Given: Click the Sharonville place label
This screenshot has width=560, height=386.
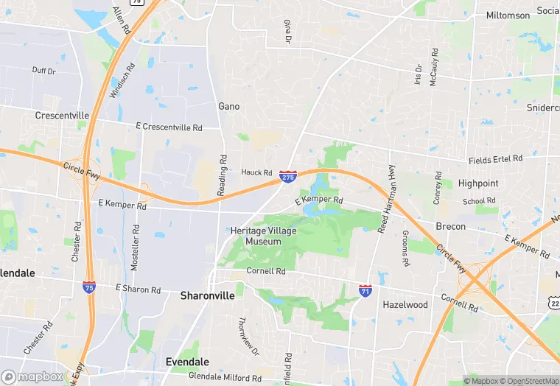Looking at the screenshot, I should click(208, 295).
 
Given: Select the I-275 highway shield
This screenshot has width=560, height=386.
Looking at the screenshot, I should click(288, 177).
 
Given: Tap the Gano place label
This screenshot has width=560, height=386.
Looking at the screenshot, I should click(229, 106).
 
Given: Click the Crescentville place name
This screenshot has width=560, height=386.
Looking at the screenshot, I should click(62, 116).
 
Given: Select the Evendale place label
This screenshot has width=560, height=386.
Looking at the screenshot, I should click(187, 362).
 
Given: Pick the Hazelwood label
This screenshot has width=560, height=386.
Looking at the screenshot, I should click(405, 304).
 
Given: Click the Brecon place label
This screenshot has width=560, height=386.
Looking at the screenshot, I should click(451, 226).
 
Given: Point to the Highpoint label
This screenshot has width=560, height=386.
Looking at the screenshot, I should click(478, 183).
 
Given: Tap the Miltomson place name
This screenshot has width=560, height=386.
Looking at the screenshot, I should click(508, 15).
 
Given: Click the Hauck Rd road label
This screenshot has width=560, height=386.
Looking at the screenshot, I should click(257, 172).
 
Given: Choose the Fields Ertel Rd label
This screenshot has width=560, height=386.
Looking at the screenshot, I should click(495, 159).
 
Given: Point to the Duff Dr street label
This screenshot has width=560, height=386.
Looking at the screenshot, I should click(44, 71).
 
